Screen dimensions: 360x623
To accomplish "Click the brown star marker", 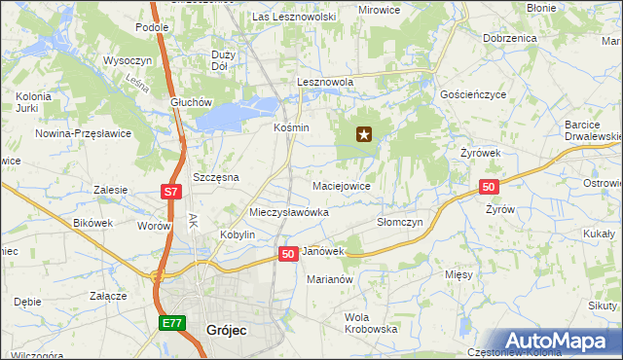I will pyautogui.click(x=364, y=135).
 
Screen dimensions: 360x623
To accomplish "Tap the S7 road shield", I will pyautogui.click(x=170, y=192).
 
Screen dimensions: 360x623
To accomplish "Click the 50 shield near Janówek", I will pyautogui.click(x=288, y=253).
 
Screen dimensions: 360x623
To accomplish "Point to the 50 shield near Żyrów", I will pyautogui.click(x=489, y=187).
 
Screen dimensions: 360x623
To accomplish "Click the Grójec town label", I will pyautogui.click(x=227, y=331).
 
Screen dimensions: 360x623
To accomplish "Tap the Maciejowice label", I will pyautogui.click(x=341, y=185).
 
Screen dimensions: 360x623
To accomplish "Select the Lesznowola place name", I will pyautogui.click(x=324, y=84).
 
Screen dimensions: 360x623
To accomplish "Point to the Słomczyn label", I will pyautogui.click(x=399, y=222).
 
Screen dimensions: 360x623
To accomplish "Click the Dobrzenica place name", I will pyautogui.click(x=509, y=38).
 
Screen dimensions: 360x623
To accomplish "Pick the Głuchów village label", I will pyautogui.click(x=190, y=102).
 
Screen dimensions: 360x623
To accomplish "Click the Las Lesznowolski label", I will pyautogui.click(x=293, y=18).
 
